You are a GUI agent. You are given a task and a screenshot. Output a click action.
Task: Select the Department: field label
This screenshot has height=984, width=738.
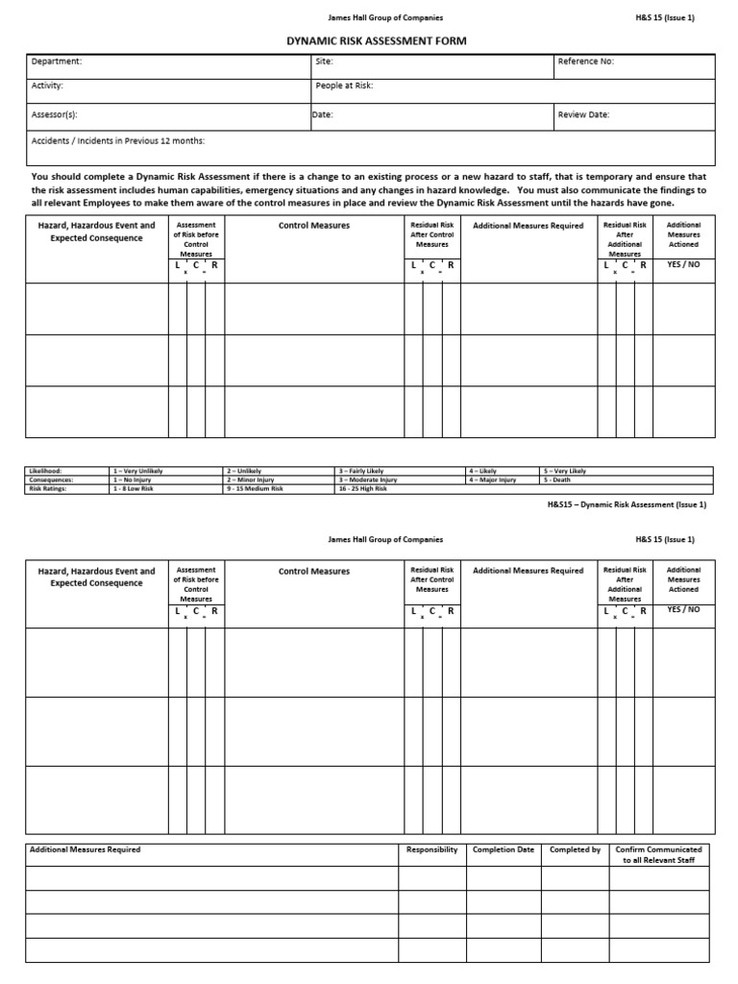pyautogui.click(x=57, y=61)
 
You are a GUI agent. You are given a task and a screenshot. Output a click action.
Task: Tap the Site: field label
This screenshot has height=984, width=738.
pyautogui.click(x=324, y=61)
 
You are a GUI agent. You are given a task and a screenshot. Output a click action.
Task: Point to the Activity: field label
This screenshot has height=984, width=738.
pyautogui.click(x=48, y=86)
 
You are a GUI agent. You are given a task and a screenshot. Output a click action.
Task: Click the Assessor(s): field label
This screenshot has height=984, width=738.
pyautogui.click(x=54, y=114)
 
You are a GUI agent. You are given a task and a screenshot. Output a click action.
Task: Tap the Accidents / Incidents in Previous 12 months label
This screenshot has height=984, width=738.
pyautogui.click(x=117, y=140)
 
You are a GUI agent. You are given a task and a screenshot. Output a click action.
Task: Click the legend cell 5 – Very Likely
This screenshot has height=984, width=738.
pyautogui.click(x=565, y=471)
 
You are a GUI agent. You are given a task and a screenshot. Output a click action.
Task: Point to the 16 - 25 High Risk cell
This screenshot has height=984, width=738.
pyautogui.click(x=362, y=488)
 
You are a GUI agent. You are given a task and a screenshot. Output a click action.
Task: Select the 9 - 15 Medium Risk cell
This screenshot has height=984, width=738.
pyautogui.click(x=255, y=488)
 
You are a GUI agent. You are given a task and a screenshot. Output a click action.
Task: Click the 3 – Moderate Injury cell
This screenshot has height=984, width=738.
pyautogui.click(x=367, y=480)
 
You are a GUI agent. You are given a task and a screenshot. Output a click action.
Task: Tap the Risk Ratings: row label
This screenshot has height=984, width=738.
pyautogui.click(x=45, y=488)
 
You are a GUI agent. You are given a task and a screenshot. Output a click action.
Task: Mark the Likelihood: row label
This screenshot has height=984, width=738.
pyautogui.click(x=44, y=471)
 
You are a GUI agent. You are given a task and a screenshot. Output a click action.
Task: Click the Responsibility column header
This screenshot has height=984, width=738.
pyautogui.click(x=431, y=849)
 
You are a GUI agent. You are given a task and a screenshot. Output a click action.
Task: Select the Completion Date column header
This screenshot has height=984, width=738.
pyautogui.click(x=503, y=849)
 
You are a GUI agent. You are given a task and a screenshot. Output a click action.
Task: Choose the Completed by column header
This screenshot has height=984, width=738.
pyautogui.click(x=575, y=849)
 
